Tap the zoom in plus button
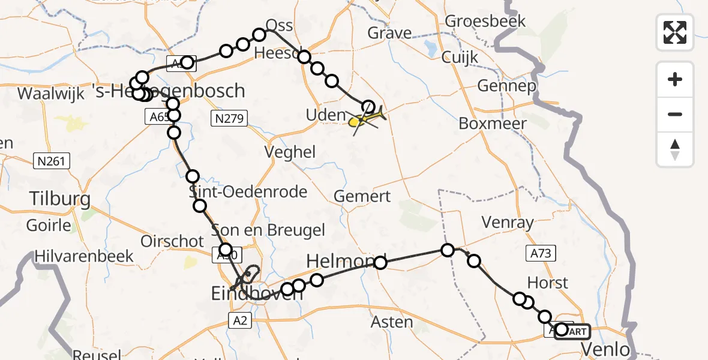pyautogui.click(x=675, y=79)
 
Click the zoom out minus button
pyautogui.click(x=675, y=114)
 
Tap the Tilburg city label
pyautogui.click(x=60, y=199)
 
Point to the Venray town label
pyautogui.click(x=508, y=223)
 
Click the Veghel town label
pyautogui.click(x=292, y=152)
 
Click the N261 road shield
pyautogui.click(x=52, y=161)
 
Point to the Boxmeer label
pyautogui.click(x=493, y=124)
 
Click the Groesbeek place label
pyautogui.click(x=485, y=22)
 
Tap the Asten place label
pyautogui.click(x=392, y=322)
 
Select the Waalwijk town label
pyautogui.click(x=50, y=94)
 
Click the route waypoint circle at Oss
pyautogui.click(x=259, y=35)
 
